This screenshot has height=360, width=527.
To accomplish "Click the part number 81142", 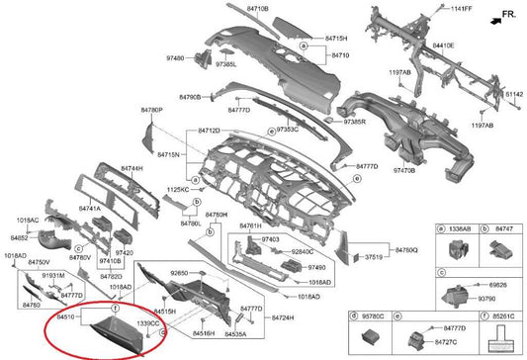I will (x=514, y=94).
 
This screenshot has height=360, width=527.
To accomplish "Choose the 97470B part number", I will (x=404, y=171).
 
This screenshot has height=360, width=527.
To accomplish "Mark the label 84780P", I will (x=151, y=110).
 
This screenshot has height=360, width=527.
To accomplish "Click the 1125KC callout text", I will (x=177, y=188).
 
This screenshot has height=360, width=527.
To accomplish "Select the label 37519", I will (x=376, y=256).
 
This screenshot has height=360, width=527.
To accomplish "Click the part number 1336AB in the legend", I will (x=460, y=227).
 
